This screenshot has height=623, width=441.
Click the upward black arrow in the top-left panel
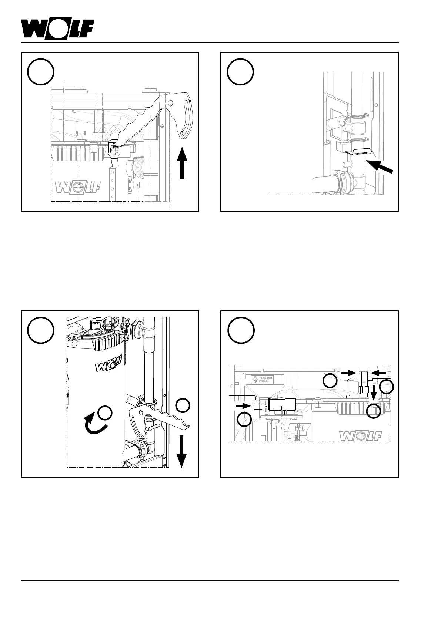[x=182, y=163]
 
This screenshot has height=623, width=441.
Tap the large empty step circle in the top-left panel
[x=41, y=72]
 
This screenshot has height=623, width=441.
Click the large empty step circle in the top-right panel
[x=240, y=72]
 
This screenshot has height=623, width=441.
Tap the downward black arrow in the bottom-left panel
[x=181, y=451]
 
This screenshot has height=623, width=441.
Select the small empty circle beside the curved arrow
[x=106, y=412]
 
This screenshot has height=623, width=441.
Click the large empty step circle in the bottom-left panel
[x=41, y=330]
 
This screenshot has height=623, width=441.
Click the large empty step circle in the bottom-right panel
[x=240, y=330]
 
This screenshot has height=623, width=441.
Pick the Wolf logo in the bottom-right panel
[x=360, y=436]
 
